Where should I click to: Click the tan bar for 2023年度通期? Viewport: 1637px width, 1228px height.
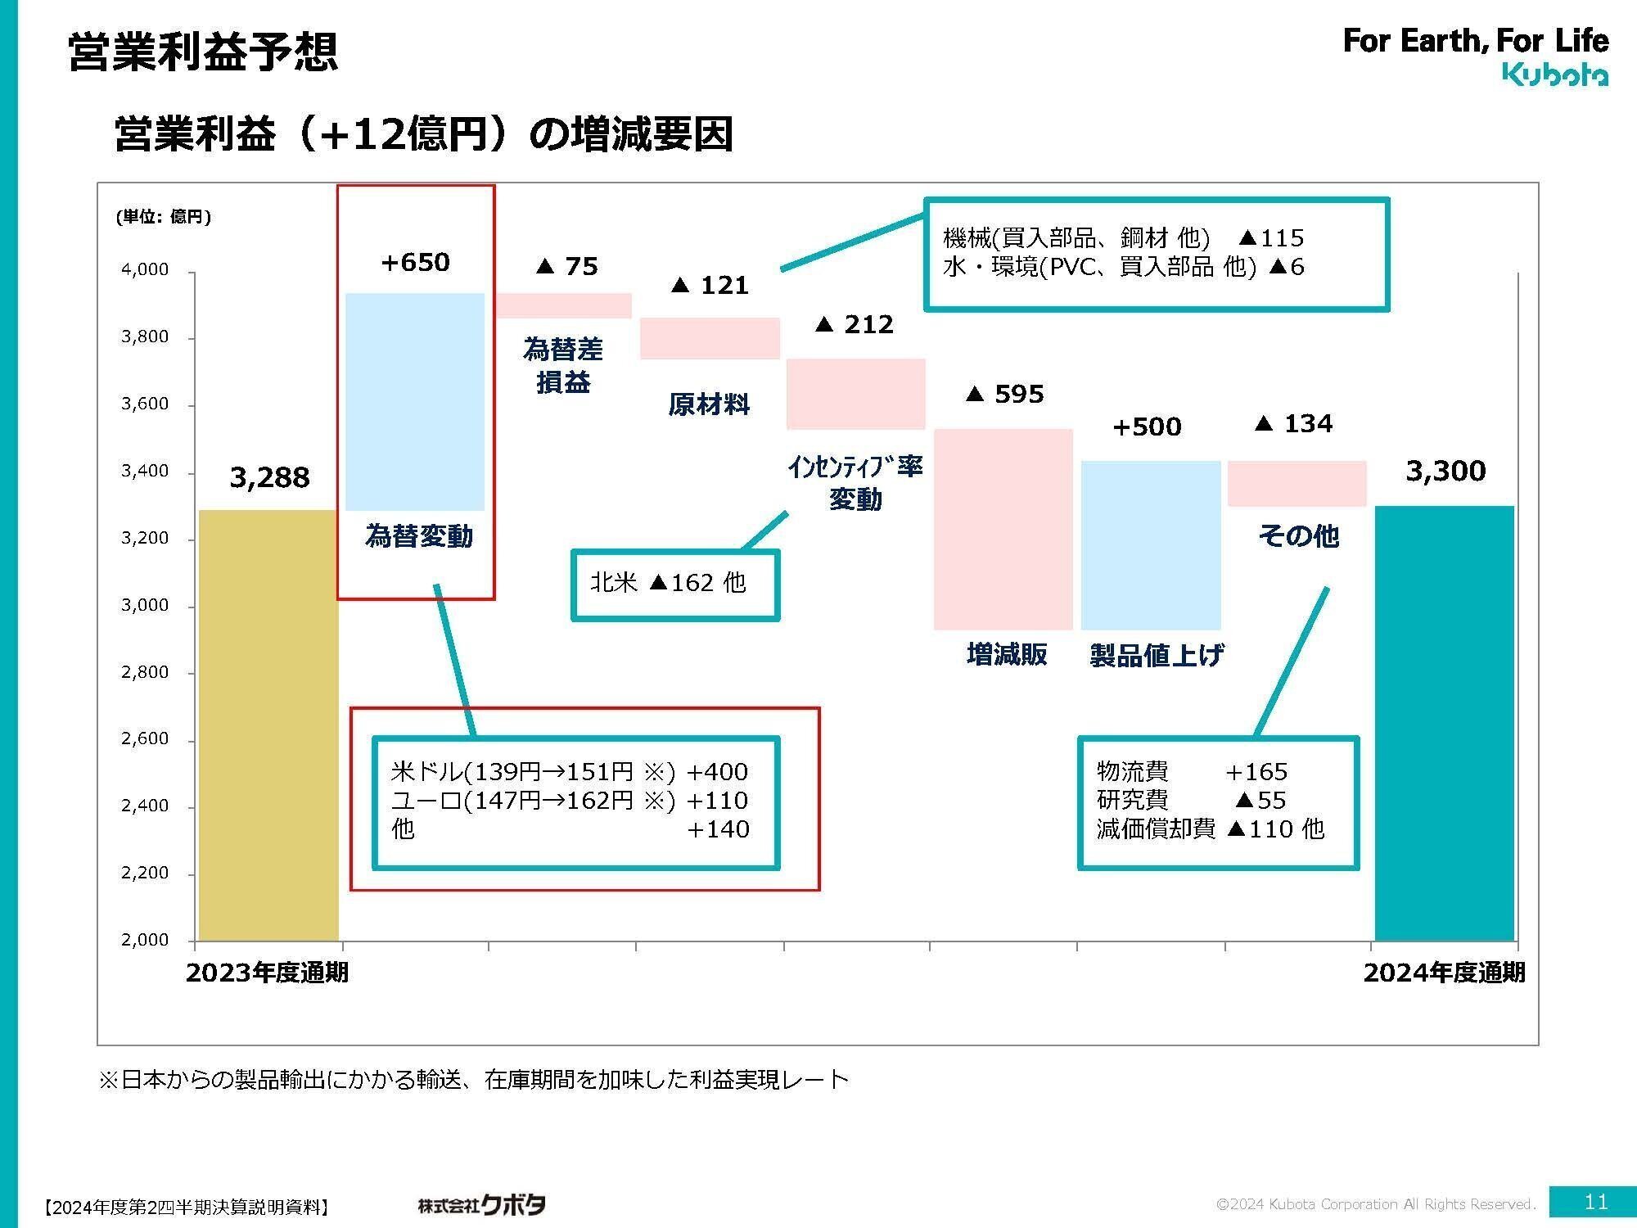click(268, 725)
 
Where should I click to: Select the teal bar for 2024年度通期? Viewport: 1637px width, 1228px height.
click(1445, 723)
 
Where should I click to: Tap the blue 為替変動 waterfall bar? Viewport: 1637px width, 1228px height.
click(415, 401)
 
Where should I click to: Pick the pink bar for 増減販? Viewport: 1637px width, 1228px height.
click(1003, 529)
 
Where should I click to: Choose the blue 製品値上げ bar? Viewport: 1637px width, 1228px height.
click(1151, 545)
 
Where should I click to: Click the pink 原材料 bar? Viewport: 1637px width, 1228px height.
click(710, 338)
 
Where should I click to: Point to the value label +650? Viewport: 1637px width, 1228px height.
click(415, 263)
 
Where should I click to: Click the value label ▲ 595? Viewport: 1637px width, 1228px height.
click(1005, 395)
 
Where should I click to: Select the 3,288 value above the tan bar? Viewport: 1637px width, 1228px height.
click(269, 477)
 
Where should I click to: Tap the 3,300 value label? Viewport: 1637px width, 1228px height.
click(1445, 471)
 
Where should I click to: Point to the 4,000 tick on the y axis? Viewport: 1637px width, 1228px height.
click(145, 269)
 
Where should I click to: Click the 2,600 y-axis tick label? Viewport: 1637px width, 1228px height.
click(145, 738)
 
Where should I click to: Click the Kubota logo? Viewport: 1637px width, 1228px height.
click(1555, 75)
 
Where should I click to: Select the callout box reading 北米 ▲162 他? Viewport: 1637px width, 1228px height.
click(674, 585)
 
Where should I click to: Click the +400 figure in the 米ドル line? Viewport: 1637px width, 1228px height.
click(717, 772)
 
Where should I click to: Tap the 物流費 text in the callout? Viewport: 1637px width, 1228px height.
click(1133, 771)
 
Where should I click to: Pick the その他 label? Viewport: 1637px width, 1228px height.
click(1298, 536)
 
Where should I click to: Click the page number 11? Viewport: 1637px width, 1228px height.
click(1596, 1202)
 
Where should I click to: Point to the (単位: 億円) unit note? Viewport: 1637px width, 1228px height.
click(164, 217)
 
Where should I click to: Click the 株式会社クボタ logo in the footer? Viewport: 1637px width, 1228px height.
click(481, 1204)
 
